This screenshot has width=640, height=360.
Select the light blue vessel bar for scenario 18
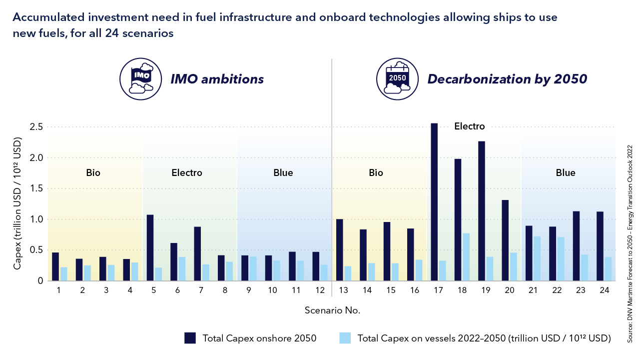pos(466,257)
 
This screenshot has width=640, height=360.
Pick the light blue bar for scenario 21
pos(537,258)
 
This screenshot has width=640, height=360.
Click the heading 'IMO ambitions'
pos(217,79)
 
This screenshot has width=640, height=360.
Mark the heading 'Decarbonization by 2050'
pos(507,79)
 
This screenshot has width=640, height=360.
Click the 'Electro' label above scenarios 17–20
pos(469,126)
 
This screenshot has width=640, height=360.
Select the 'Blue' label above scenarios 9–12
pos(283,173)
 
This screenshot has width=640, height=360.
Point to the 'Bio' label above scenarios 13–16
pos(376,173)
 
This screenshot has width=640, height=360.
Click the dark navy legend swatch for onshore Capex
pos(190,338)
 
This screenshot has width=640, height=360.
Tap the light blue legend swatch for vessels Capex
pos(345,338)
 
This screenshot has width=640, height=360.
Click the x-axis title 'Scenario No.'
pos(332,310)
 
